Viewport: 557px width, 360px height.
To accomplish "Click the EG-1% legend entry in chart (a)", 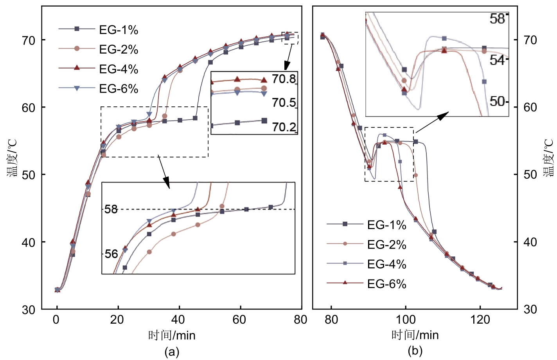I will coord(118,30).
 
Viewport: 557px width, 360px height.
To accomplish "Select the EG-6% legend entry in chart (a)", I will coord(118,89).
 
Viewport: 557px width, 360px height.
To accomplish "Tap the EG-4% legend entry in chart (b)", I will coord(386,264).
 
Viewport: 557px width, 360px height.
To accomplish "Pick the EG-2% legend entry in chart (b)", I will coord(386,245).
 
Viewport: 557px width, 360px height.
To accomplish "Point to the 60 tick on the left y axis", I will coord(29,107).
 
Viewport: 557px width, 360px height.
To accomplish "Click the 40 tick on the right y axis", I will coord(530,242).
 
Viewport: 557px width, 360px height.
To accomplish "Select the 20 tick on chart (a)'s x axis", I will coord(117,320).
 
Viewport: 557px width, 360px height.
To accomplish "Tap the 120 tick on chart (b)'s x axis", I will coord(480,320).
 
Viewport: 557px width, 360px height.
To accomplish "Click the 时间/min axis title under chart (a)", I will coord(172,335).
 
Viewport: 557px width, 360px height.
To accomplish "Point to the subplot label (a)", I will coord(172,351).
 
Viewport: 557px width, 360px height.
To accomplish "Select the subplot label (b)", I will coord(415,351).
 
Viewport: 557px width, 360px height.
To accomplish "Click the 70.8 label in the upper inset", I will coord(284,79).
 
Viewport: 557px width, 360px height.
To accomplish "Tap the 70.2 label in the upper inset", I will coord(284,127).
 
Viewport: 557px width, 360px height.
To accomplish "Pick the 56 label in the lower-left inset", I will coord(111,254).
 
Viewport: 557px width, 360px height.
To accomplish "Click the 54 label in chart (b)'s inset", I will coord(498,60).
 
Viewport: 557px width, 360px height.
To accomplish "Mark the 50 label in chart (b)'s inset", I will coord(498,102).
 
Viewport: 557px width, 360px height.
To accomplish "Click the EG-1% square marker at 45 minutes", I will coord(195,118).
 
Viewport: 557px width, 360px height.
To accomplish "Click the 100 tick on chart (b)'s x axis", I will coord(406,320).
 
